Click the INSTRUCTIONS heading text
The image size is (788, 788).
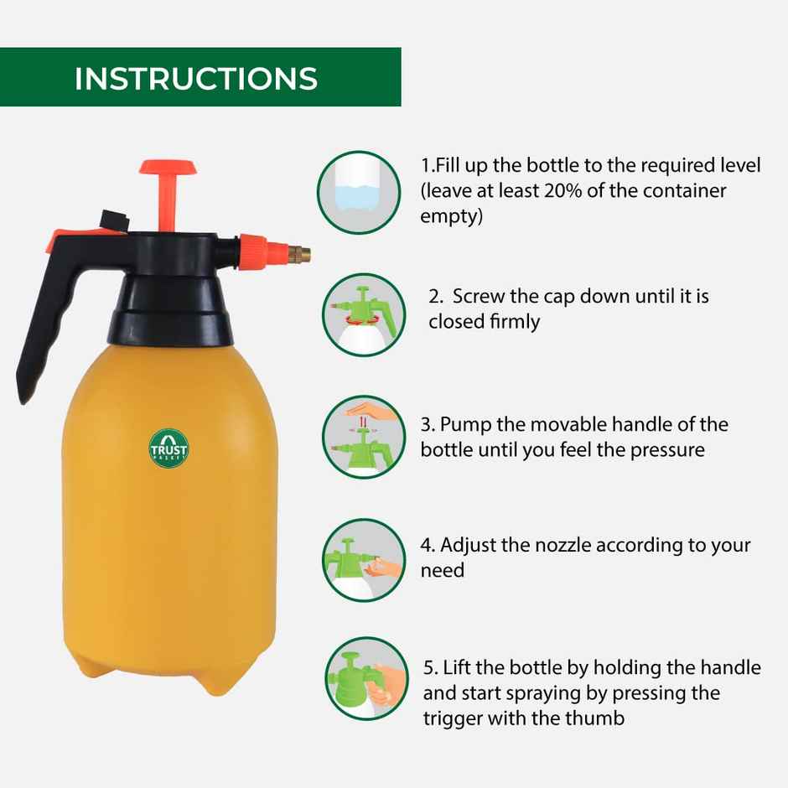coord(196,78)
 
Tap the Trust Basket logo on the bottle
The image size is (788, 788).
coord(168,448)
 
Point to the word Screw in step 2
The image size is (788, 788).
coord(484,297)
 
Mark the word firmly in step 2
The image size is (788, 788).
coord(515,322)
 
